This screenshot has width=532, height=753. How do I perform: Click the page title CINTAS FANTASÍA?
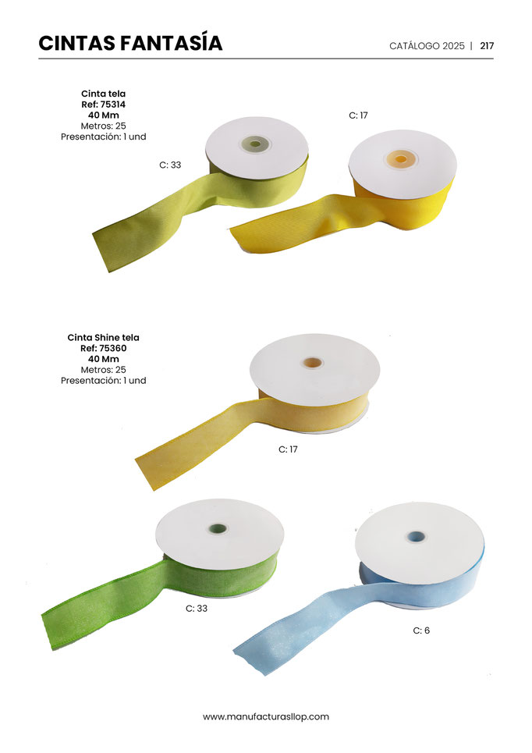[x=130, y=43]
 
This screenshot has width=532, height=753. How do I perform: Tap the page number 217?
[x=487, y=45]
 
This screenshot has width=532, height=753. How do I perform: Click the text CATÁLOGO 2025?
[x=427, y=45]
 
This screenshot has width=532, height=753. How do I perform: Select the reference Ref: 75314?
[x=103, y=105]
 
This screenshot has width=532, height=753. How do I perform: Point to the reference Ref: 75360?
[x=103, y=348]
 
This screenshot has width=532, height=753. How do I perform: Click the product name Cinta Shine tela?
[x=103, y=337]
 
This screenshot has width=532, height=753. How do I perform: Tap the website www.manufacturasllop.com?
[x=266, y=716]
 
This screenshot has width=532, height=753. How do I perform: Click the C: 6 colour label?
[x=421, y=630]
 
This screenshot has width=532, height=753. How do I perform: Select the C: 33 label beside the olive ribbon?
[x=170, y=165]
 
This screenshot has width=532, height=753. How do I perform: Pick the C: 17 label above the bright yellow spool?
[x=358, y=115]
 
